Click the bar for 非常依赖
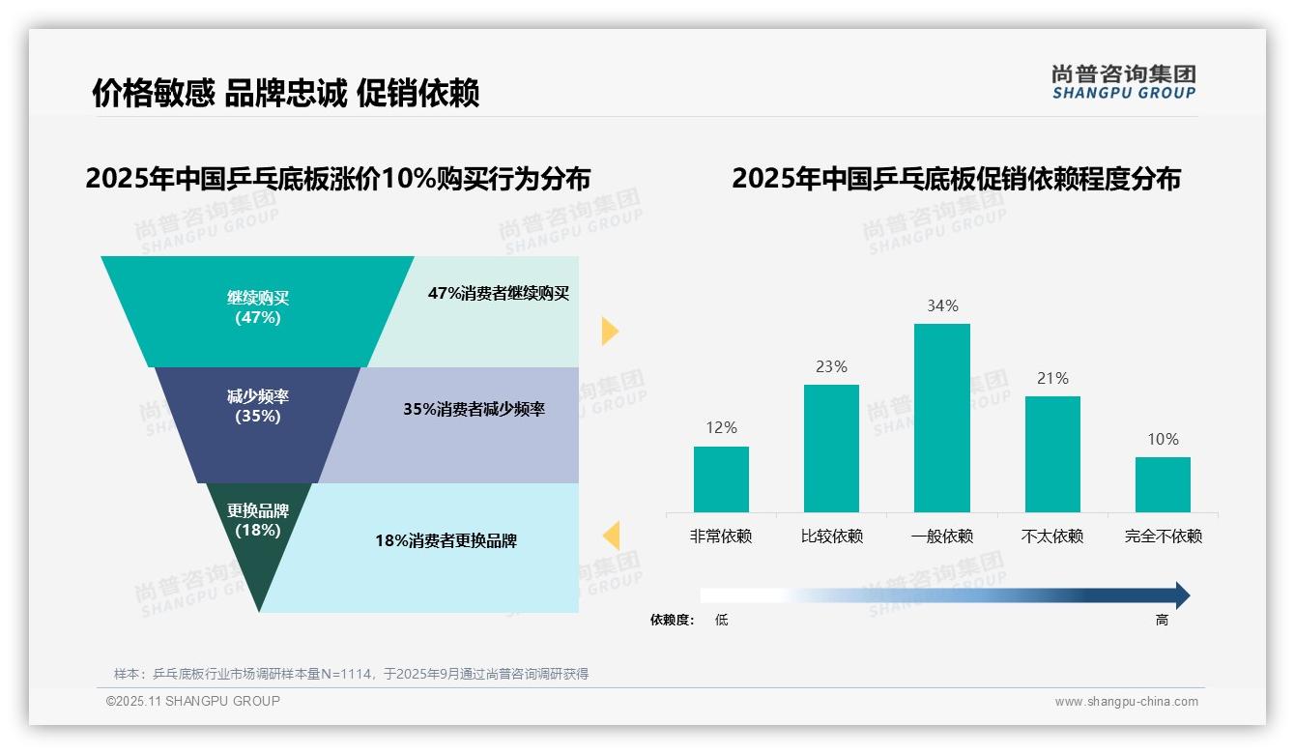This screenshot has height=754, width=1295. pos(721,478)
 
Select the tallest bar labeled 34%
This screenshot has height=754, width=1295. pos(941,418)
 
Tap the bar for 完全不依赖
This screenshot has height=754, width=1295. pos(1163,484)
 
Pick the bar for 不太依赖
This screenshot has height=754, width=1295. pos(1052,453)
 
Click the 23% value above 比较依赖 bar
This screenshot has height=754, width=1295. pos(831,367)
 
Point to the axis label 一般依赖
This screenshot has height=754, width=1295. pos(941,536)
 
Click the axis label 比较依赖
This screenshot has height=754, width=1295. pos(831,536)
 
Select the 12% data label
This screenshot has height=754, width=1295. pos(721,428)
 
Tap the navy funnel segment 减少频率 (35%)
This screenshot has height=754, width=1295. pos(257,406)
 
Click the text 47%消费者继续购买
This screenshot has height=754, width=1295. pos(499,294)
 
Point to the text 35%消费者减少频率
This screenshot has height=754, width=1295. pos(474,410)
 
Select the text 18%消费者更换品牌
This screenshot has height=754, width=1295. pos(446,541)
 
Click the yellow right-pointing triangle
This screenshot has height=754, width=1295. pos(609,331)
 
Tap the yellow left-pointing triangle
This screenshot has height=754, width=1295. pos(611,536)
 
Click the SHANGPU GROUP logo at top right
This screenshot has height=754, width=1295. pos(1123,82)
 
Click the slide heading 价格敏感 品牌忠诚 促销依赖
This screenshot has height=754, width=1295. pos(285,93)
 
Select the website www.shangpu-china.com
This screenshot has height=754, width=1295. pos(1126,702)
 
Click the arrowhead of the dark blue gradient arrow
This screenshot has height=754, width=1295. pos(1182,595)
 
